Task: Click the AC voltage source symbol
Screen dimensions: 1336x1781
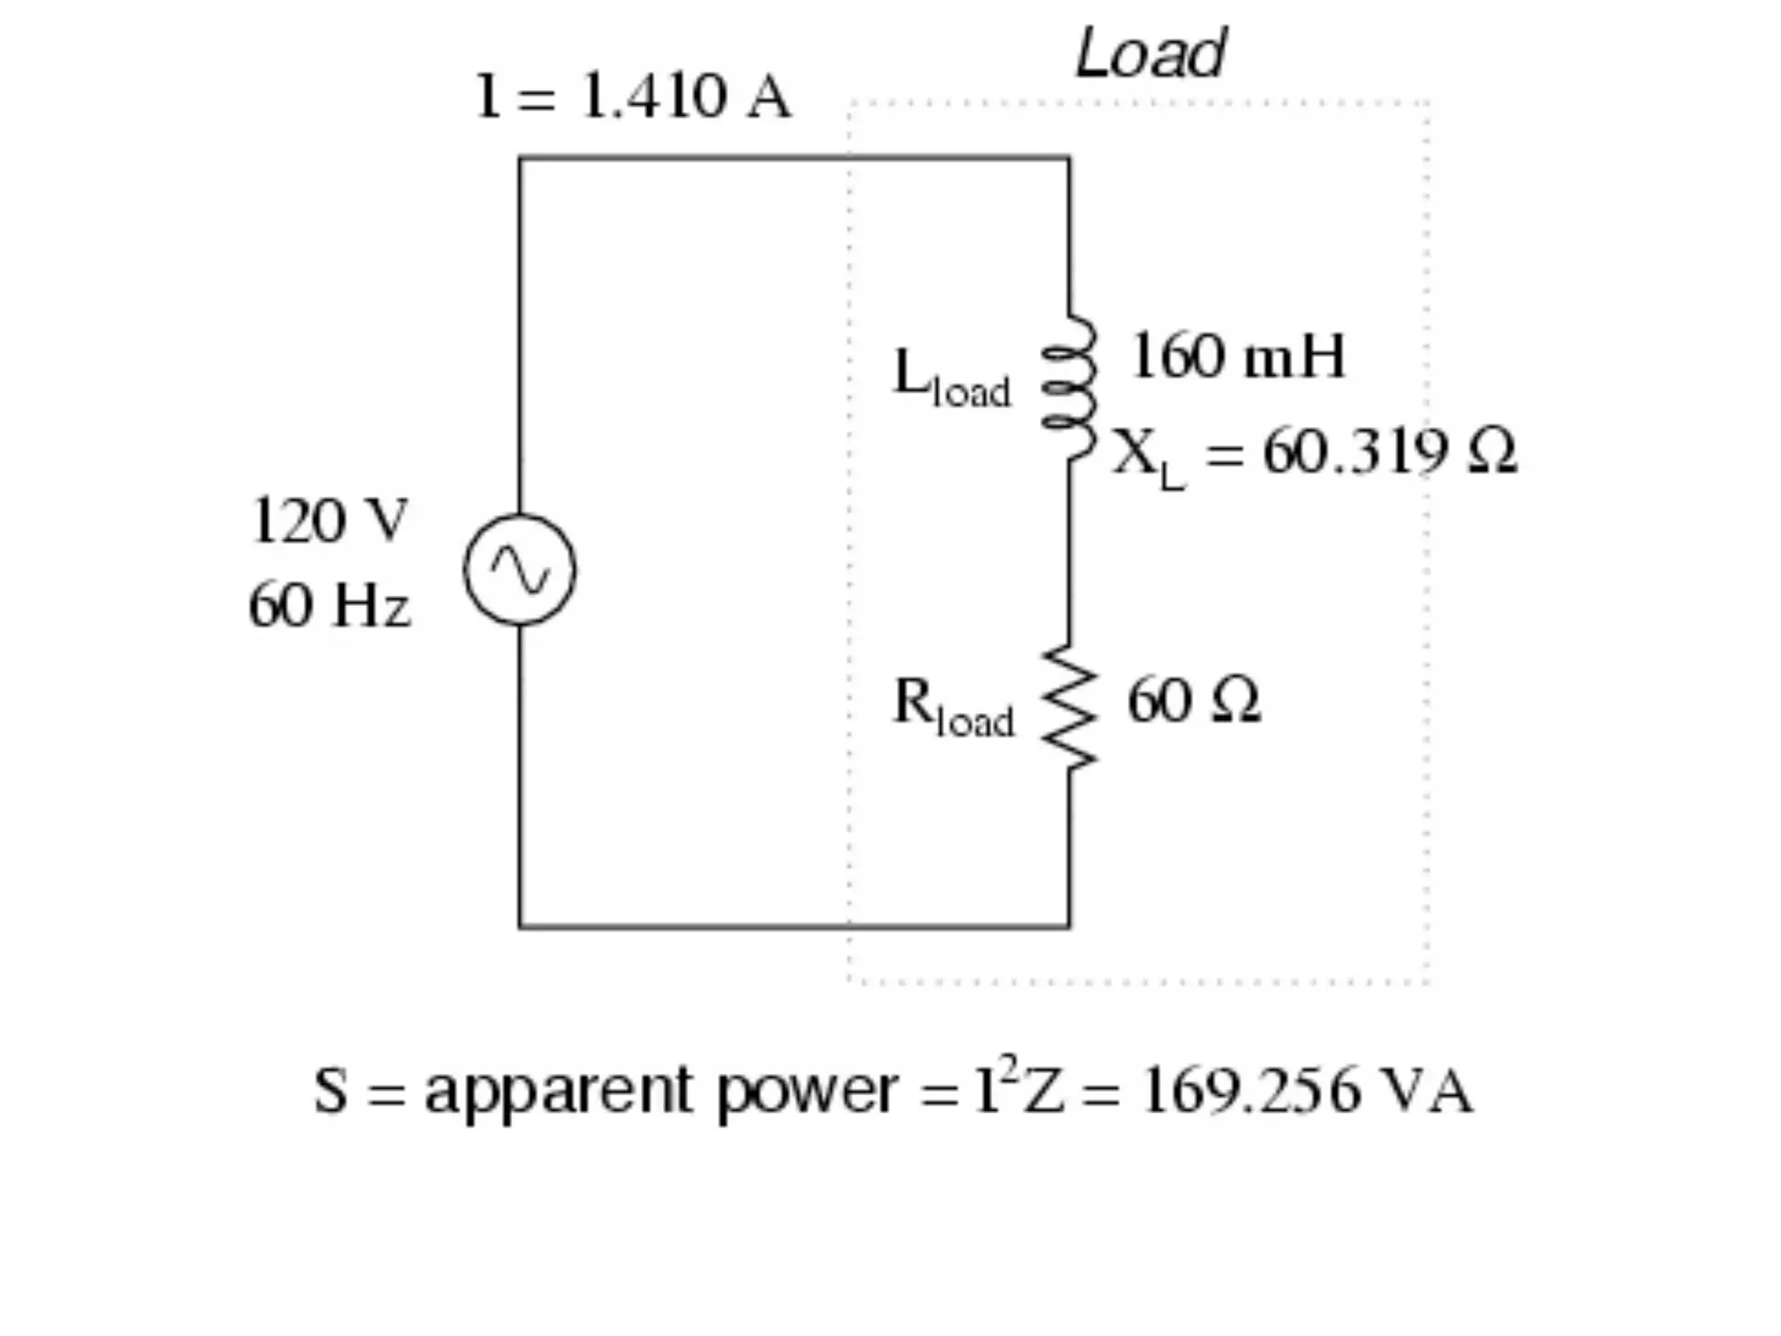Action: (x=519, y=570)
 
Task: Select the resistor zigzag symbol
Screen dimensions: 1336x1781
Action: (x=1070, y=707)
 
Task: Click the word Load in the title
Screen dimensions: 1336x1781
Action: (x=1150, y=54)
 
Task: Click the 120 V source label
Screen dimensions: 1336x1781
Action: (x=329, y=521)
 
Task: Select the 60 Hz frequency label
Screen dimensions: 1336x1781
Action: (x=329, y=605)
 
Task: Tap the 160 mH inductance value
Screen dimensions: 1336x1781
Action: (x=1237, y=357)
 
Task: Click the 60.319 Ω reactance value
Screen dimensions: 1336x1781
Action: (x=1389, y=452)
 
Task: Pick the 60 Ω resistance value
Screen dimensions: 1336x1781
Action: (x=1193, y=700)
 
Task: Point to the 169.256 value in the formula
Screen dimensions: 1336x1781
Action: (x=1251, y=1091)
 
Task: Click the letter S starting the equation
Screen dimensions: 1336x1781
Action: (x=330, y=1091)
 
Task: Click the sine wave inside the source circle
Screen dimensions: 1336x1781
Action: (x=520, y=571)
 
